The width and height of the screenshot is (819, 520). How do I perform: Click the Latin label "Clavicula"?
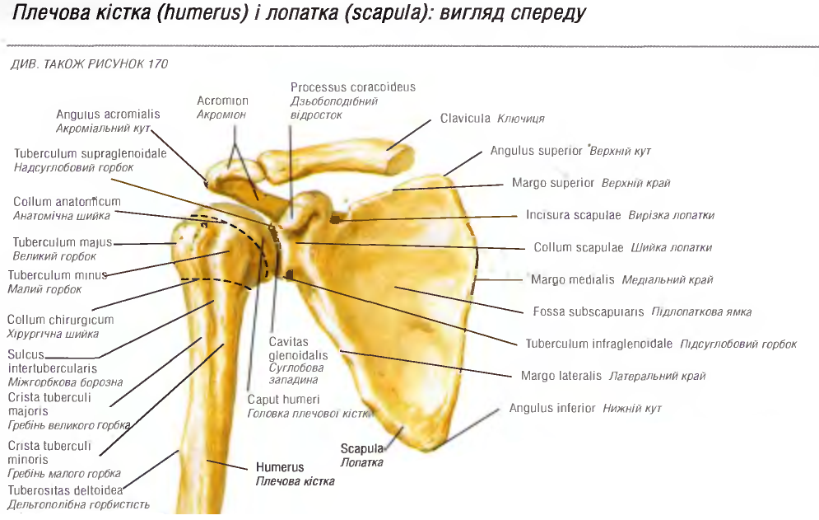(x=465, y=119)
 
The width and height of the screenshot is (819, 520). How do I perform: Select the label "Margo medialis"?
(x=573, y=279)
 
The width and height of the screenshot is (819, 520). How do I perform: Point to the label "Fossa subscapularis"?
(x=584, y=312)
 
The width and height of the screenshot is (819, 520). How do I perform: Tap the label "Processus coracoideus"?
(x=353, y=87)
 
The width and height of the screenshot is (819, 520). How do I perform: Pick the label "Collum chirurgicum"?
(x=60, y=320)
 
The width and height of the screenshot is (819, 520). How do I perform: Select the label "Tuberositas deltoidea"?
(x=65, y=490)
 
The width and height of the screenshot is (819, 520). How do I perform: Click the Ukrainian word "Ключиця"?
(x=521, y=119)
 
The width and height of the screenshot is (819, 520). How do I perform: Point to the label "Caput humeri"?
(x=277, y=400)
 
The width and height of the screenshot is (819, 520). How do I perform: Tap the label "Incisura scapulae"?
(x=574, y=215)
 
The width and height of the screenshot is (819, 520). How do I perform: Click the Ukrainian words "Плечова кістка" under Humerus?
(x=295, y=481)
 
